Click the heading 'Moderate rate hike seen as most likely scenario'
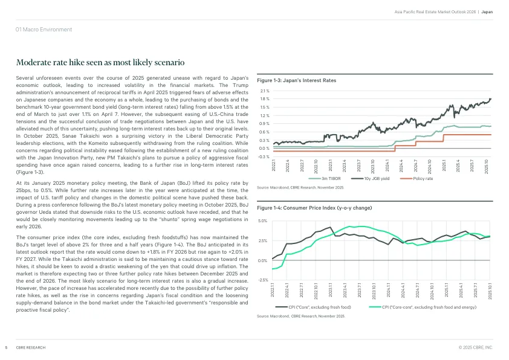coord(100,63)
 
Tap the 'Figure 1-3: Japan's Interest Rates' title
coord(297,80)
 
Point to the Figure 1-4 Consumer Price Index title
coord(314,208)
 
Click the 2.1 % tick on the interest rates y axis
coord(265,91)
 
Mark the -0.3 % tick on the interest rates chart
coord(264,156)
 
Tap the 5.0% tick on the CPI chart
coord(262,221)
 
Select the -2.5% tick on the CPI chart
coord(262,280)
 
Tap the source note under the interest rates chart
coord(300,188)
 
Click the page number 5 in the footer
coord(5,348)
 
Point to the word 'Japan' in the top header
coord(487,11)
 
